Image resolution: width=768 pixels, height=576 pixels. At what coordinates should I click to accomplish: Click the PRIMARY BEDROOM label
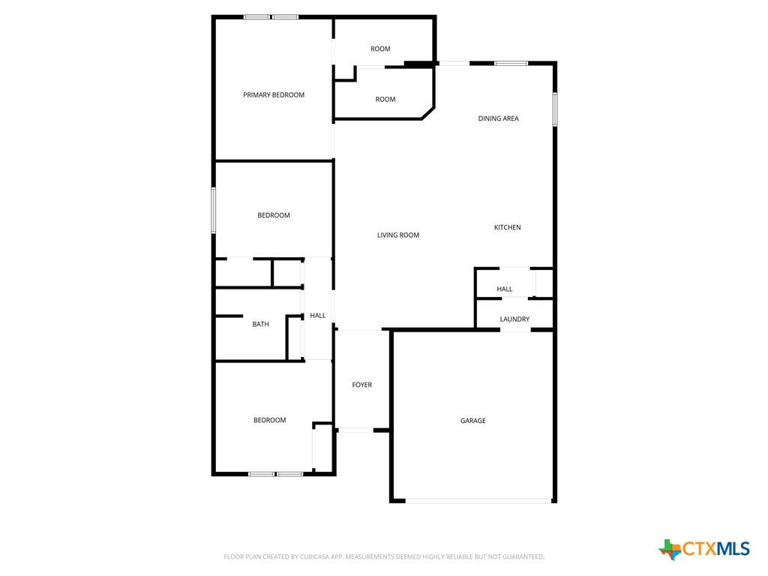[x=274, y=95]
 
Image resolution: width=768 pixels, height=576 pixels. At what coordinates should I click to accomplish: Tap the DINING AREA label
[x=499, y=118]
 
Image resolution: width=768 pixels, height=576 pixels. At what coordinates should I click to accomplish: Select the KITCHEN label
[x=507, y=227]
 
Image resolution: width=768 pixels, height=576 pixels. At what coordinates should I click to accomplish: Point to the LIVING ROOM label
[x=398, y=235]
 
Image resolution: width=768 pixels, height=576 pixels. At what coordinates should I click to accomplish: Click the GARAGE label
[x=473, y=421]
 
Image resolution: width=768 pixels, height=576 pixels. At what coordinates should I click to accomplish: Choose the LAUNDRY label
[x=515, y=319]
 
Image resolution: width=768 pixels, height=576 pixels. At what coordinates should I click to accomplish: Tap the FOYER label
[x=362, y=385]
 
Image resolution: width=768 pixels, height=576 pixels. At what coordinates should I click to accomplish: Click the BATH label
[x=260, y=325]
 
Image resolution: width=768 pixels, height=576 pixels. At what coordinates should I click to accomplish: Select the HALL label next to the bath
[x=318, y=316]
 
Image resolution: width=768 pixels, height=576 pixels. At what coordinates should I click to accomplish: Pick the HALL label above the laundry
[x=505, y=289]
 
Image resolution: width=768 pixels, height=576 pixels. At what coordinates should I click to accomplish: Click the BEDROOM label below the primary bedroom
[x=274, y=216]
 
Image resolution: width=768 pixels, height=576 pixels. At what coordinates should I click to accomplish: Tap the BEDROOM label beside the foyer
[x=269, y=421]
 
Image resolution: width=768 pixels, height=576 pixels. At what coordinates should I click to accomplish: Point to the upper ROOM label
[x=380, y=49]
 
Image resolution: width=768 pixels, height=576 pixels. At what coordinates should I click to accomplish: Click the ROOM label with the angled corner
[x=385, y=100]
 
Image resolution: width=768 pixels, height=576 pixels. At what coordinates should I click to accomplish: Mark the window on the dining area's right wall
[x=555, y=109]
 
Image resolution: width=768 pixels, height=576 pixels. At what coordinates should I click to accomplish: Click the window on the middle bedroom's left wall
[x=214, y=210]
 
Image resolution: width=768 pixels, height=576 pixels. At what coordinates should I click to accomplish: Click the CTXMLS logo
[x=704, y=549]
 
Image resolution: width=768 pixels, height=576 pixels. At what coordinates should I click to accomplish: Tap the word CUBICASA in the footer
[x=310, y=556]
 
